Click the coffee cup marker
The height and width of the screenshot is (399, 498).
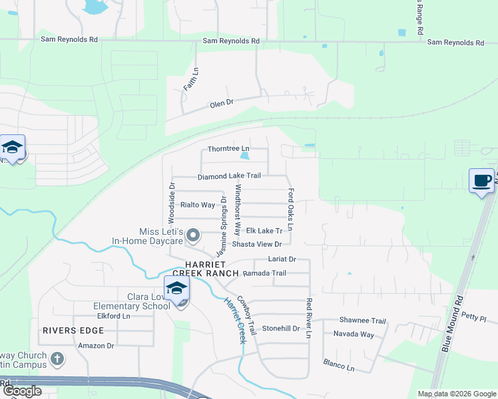click(481, 180)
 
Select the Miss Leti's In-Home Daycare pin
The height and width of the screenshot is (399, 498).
click(194, 235)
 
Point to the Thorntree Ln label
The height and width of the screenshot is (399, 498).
click(228, 148)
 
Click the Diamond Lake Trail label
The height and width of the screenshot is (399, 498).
click(228, 176)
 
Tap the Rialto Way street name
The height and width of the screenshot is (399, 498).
click(198, 205)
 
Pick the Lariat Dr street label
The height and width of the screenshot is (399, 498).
click(282, 259)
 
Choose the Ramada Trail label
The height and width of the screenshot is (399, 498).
click(264, 273)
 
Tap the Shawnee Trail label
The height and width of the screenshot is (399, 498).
click(363, 320)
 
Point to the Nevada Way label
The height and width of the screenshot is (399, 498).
click(354, 333)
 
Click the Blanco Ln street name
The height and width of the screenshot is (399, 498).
click(339, 363)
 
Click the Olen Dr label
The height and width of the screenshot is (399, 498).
click(222, 104)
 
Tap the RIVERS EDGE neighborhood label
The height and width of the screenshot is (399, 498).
click(73, 331)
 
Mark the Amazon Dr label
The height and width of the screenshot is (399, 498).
click(96, 346)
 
